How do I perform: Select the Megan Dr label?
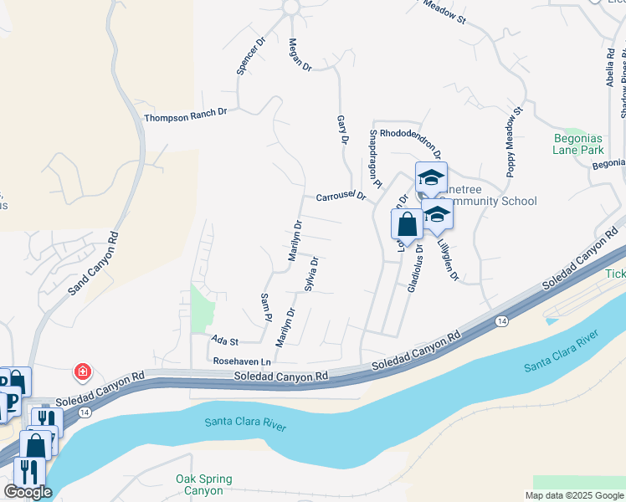click(x=300, y=54)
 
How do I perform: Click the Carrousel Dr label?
click(x=341, y=197)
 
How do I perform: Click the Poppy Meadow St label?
click(x=512, y=141)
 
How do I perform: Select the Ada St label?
click(x=225, y=341)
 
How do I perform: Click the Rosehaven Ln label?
click(x=244, y=361)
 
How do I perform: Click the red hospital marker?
click(x=83, y=370)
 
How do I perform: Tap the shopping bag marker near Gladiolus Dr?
click(x=407, y=225)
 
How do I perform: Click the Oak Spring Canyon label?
click(x=204, y=485)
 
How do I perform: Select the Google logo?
click(x=28, y=492)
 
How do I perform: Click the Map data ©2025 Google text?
click(x=573, y=495)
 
